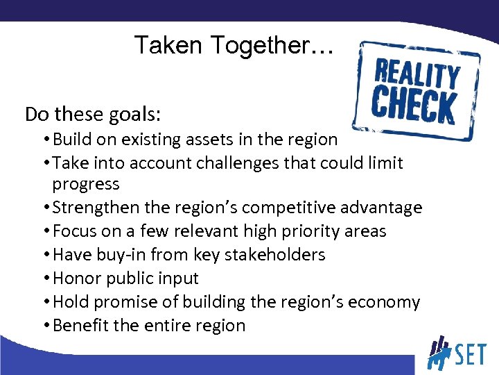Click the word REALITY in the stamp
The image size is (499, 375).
(x=417, y=74)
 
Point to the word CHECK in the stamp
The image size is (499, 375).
(x=413, y=106)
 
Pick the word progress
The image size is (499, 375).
(x=86, y=184)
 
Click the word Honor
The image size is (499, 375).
(x=77, y=278)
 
